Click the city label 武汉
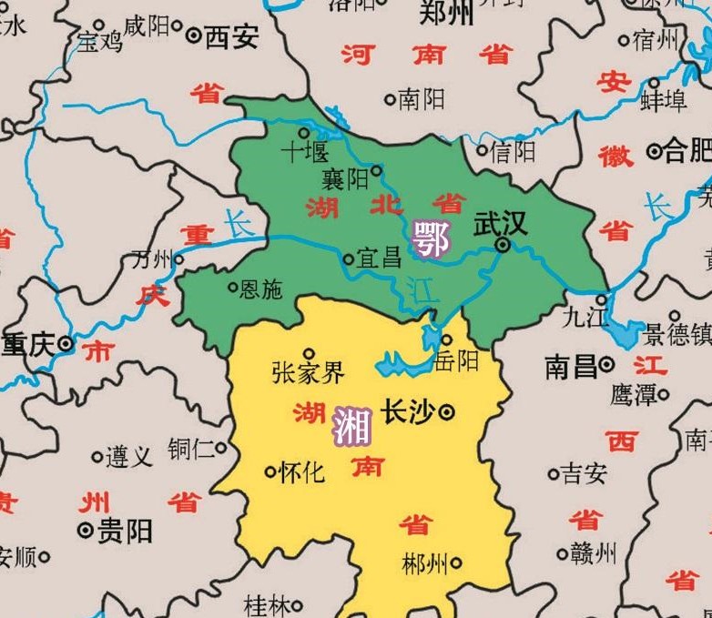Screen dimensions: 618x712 [500, 225]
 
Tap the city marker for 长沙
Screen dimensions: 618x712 [447, 412]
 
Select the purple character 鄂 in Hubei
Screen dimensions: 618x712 [430, 240]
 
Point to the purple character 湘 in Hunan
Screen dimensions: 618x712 [351, 426]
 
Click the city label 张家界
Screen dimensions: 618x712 [308, 372]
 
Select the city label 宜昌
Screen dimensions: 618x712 [379, 258]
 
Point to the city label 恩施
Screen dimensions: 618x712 [260, 289]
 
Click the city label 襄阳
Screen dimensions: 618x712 [345, 177]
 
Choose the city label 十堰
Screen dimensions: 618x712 [304, 151]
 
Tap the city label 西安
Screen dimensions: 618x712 [231, 36]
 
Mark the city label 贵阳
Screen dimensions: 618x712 [125, 531]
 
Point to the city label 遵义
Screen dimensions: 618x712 [128, 456]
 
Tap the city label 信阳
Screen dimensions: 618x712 [513, 149]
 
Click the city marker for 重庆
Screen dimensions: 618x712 [66, 344]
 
